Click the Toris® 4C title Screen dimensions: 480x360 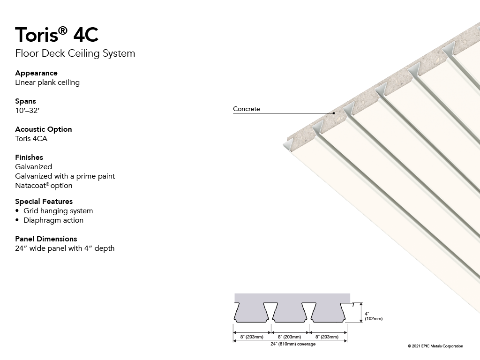click(57, 34)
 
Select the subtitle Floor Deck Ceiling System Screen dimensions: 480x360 click(75, 53)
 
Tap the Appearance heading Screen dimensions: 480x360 click(36, 74)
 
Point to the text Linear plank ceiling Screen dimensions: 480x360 click(47, 82)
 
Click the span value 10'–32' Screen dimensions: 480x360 click(27, 111)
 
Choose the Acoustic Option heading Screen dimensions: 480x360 click(44, 129)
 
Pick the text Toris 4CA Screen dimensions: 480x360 click(31, 139)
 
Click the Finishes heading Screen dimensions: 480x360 click(29, 157)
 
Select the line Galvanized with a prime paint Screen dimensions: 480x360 click(65, 176)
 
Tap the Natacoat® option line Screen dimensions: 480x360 click(44, 186)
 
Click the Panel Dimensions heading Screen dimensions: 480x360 click(46, 239)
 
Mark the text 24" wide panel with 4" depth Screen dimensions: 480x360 click(65, 248)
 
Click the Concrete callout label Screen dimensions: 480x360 click(247, 109)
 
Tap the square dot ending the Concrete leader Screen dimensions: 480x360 click(334, 113)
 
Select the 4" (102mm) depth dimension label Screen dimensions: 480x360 click(374, 316)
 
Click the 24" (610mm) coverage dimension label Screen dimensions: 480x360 click(293, 344)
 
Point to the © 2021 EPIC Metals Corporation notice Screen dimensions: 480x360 click(435, 346)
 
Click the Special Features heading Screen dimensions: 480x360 click(44, 202)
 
